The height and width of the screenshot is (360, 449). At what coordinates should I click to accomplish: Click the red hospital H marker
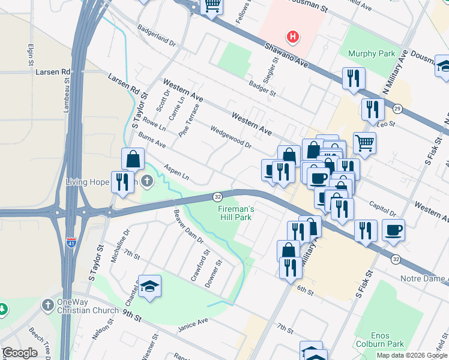point(292,37)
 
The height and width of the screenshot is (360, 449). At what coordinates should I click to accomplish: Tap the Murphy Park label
point(372,54)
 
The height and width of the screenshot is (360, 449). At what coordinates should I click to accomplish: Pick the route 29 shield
point(397,108)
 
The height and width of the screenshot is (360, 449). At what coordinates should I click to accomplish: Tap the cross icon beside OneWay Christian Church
point(47,305)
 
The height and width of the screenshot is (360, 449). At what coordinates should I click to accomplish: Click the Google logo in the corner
point(19,353)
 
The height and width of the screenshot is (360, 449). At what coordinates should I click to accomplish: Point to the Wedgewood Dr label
point(230,136)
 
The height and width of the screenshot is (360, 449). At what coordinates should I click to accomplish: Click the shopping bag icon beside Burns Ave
point(133,160)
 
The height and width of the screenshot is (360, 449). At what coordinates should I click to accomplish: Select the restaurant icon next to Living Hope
point(122,182)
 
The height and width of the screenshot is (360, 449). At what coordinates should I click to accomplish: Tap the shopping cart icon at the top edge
point(211,6)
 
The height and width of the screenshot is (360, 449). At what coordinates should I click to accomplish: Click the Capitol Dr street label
point(384,209)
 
